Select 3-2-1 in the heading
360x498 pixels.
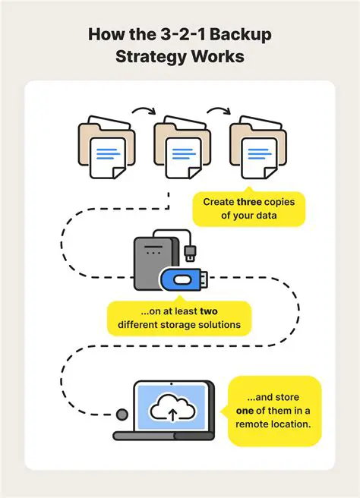185,36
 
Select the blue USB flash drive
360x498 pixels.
183,279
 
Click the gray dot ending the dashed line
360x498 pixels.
122,414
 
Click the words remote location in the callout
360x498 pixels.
274,424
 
